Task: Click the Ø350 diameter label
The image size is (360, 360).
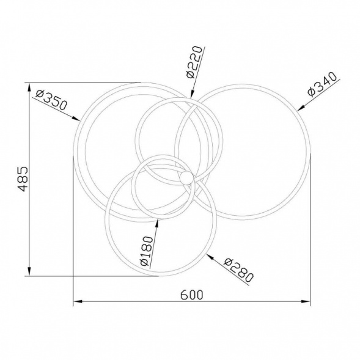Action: tap(52, 100)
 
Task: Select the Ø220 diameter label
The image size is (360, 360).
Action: tap(194, 62)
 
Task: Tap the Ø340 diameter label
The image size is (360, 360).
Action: tap(322, 84)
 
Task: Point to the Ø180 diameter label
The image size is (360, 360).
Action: tap(147, 251)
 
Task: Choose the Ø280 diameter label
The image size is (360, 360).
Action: tap(238, 270)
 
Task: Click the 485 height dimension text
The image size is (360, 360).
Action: tap(23, 179)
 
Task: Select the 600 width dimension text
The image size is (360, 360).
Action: tap(192, 295)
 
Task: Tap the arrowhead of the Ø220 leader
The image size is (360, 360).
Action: tap(192, 94)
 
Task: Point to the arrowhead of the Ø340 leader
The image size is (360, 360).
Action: tap(301, 108)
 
